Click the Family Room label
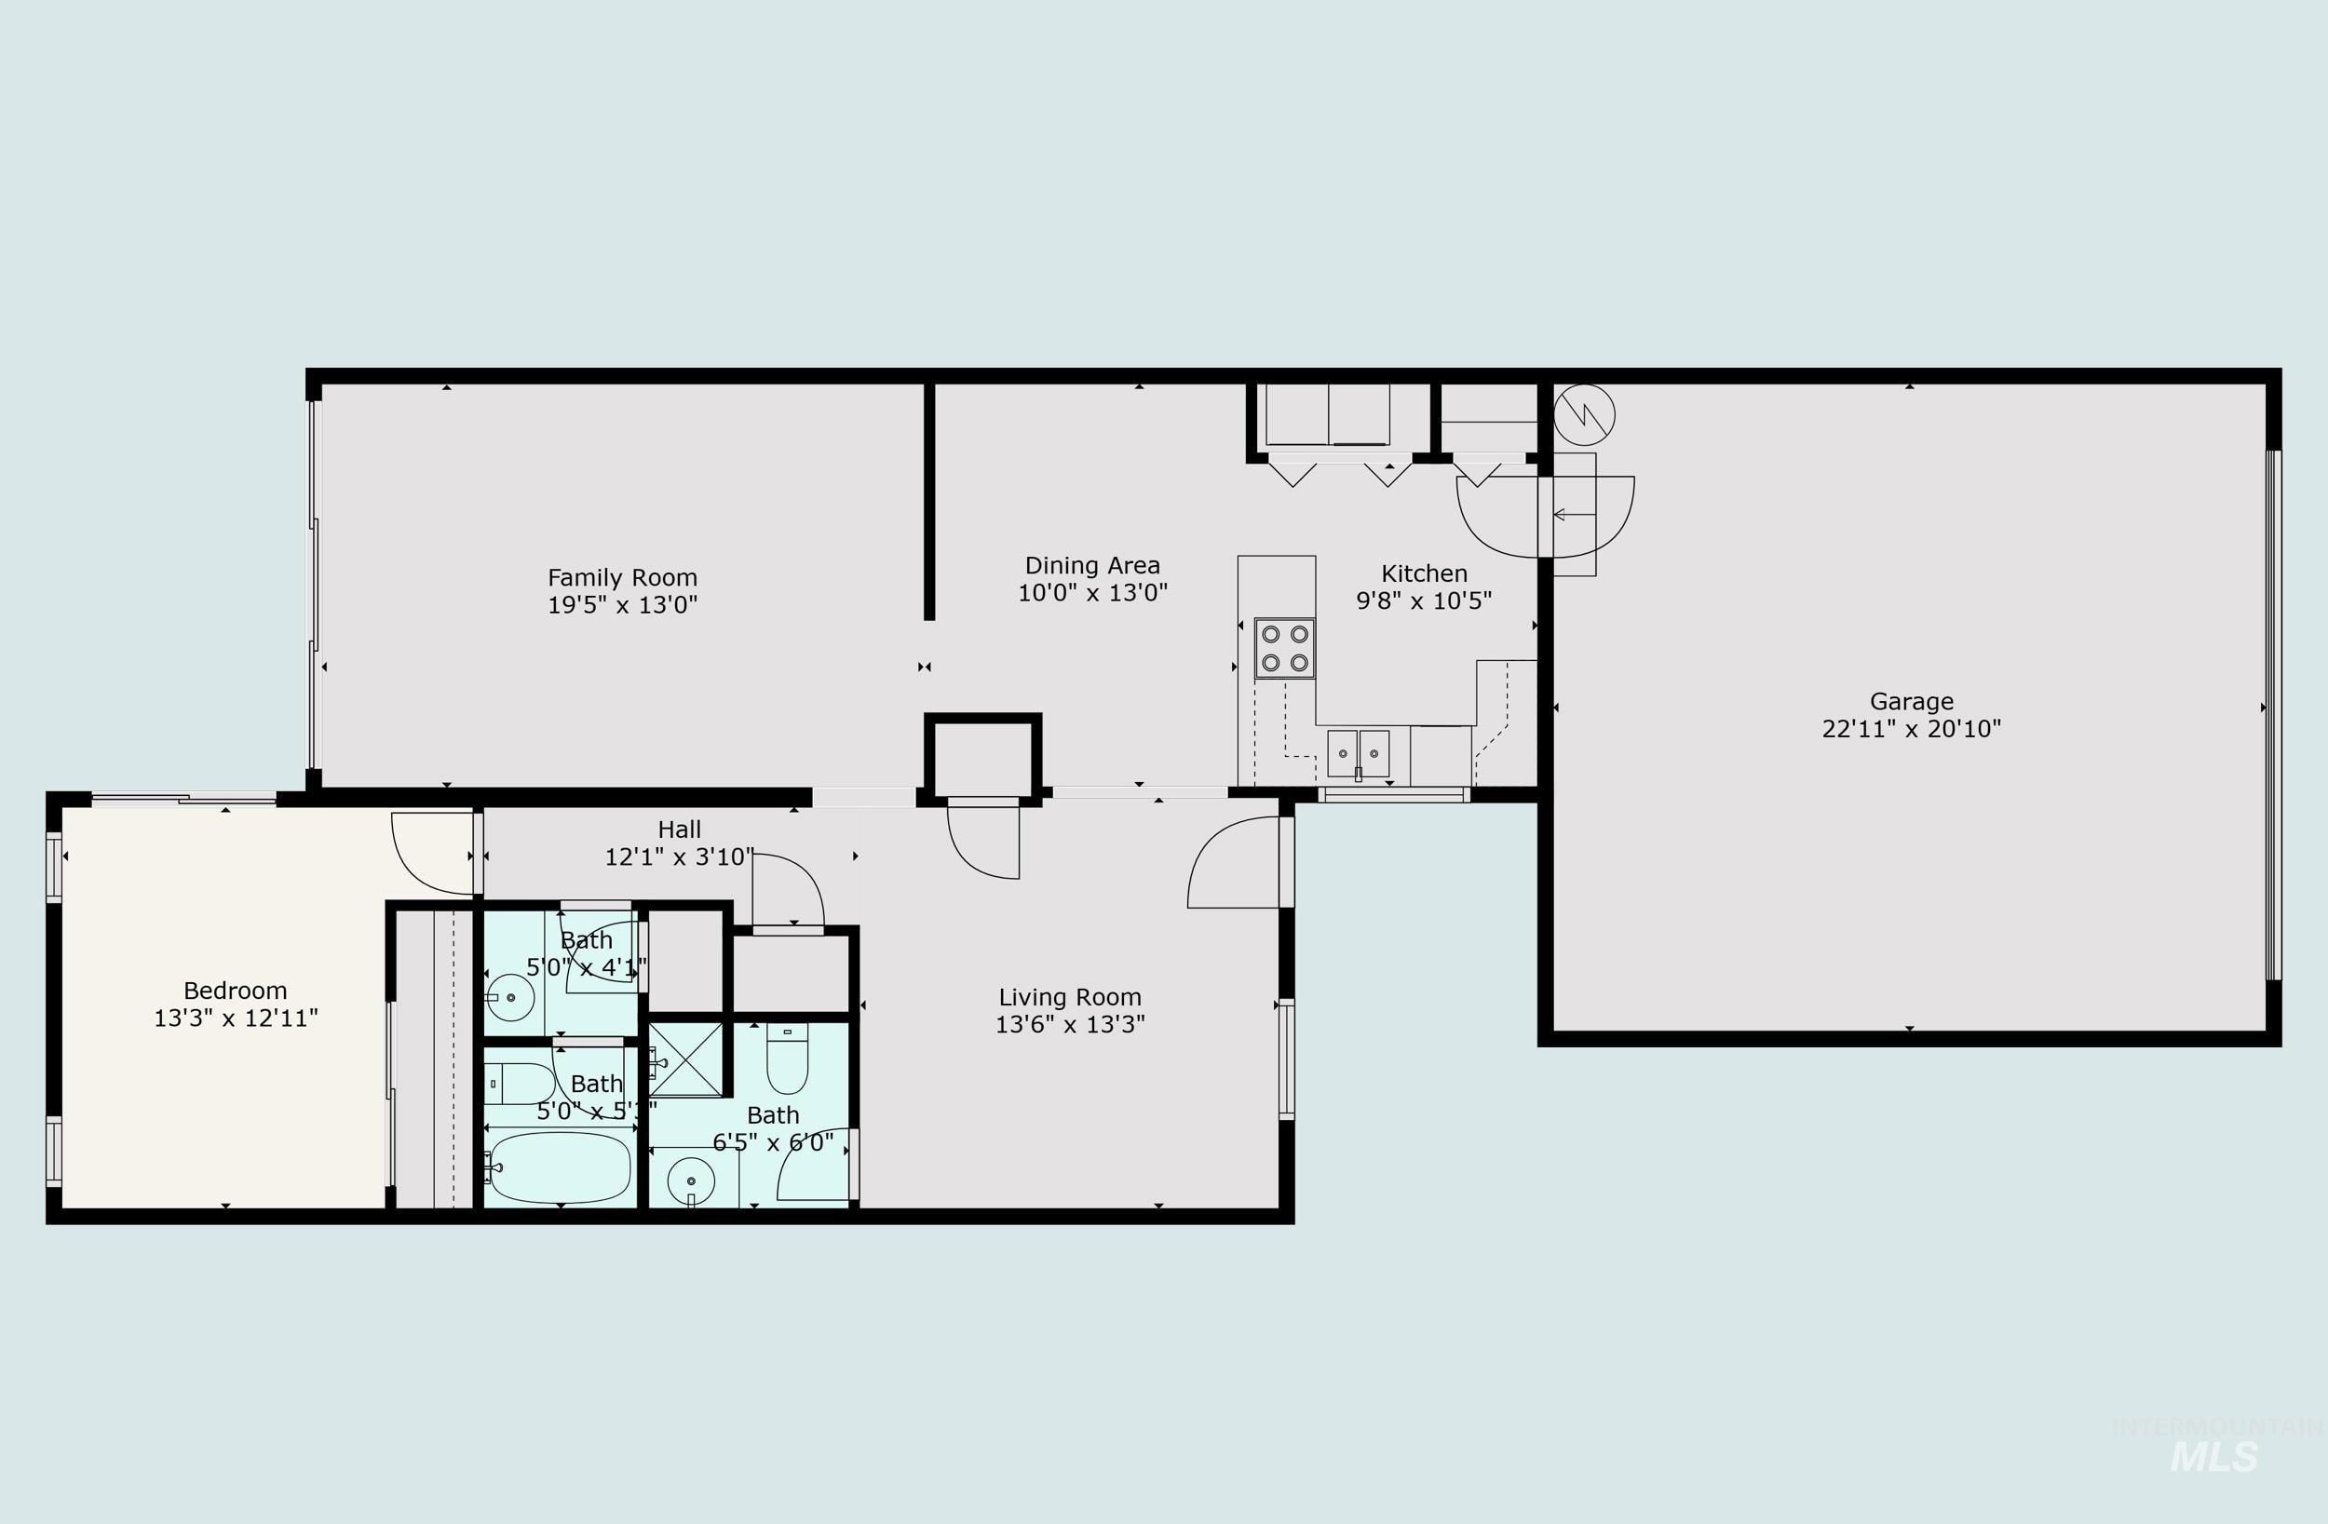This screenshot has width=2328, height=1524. point(622,578)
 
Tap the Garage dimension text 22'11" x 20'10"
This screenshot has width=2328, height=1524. point(1912,729)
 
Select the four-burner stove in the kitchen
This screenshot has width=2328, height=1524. point(1284,649)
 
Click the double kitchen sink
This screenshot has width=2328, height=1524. point(1358,754)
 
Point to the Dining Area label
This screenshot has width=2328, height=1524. point(1091,565)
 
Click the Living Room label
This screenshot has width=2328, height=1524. point(1069,997)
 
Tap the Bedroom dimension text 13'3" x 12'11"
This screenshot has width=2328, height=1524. point(236,1018)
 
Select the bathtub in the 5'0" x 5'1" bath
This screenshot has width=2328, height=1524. point(560,1167)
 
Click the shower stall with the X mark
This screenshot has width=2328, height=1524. point(685,1059)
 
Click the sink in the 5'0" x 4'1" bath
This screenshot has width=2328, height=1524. point(509,998)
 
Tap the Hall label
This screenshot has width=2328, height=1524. point(679,829)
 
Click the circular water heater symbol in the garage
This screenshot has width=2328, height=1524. point(1584,414)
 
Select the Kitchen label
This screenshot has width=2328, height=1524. point(1423,573)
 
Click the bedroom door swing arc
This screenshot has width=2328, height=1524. point(429,852)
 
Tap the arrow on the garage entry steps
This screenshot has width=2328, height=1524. point(1573,515)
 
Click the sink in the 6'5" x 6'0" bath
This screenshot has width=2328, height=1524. point(691,1180)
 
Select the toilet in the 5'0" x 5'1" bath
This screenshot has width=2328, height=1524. point(520,1084)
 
